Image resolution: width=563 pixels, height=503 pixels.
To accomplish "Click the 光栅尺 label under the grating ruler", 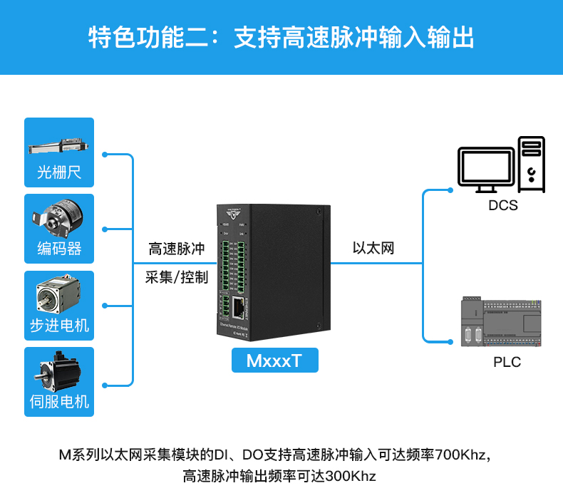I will tap(59, 172).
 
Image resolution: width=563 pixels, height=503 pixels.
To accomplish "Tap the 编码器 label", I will tap(59, 249).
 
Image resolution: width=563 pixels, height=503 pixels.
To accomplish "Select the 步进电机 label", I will tap(59, 326).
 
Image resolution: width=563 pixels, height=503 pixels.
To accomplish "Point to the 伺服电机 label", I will tap(59, 402).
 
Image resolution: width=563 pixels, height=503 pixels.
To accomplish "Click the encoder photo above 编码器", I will tap(56, 214).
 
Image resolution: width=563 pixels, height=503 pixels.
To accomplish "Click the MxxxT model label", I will tap(274, 361).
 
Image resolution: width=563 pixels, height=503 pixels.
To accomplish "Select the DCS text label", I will tap(503, 206).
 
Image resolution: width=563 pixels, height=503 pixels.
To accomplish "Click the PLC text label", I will tap(507, 362).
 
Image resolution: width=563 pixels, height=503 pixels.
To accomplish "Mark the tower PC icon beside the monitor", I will tap(531, 164).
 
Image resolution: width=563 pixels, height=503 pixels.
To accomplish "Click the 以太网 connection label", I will tap(373, 249).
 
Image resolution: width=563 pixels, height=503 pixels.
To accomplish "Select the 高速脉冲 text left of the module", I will tap(176, 249).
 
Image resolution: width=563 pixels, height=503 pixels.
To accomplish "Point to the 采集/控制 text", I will tap(176, 277).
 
